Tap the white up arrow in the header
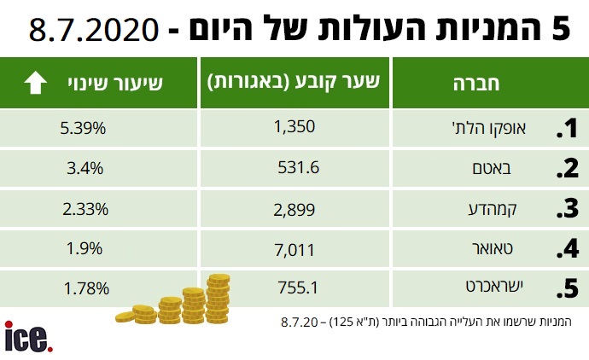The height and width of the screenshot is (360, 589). pos(36,83)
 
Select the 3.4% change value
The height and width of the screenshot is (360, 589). pos(85,168)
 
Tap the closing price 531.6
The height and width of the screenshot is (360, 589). pos(298,168)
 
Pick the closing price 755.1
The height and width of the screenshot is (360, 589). pos(298,288)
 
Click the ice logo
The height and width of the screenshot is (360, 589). pos(28,336)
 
